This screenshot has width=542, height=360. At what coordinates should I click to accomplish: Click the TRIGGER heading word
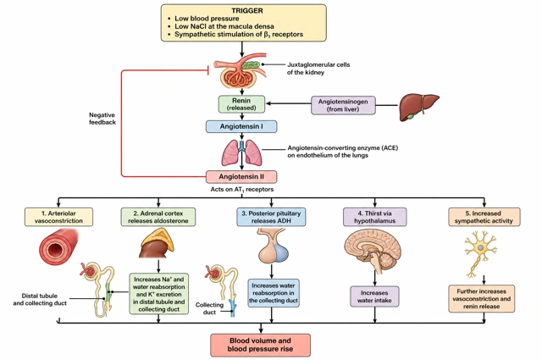(247, 11)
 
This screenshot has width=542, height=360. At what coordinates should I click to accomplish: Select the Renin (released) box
(241, 104)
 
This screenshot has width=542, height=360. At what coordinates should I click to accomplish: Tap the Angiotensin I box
(241, 126)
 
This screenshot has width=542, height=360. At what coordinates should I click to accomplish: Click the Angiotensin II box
(241, 177)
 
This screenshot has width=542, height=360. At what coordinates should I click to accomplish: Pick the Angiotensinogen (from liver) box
(343, 106)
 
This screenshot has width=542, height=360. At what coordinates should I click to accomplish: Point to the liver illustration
(419, 107)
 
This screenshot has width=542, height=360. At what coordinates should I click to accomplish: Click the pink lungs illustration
(241, 152)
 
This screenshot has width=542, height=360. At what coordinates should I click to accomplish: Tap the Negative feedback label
(102, 119)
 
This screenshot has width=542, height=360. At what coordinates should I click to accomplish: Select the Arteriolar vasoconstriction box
(58, 217)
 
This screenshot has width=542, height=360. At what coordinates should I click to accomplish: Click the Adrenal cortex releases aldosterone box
(158, 217)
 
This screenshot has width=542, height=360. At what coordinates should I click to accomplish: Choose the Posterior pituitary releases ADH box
(271, 217)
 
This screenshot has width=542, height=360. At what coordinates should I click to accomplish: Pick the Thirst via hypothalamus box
(374, 217)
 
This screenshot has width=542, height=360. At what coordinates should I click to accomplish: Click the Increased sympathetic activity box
(484, 217)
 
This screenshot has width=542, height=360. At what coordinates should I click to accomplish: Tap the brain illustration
(373, 251)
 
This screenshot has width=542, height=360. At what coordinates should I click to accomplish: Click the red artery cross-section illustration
(58, 247)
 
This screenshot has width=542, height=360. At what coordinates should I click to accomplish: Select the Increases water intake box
(374, 296)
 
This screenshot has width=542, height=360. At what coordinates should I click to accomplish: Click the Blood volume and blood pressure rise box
(260, 345)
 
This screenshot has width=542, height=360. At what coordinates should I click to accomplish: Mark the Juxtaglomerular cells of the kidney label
(318, 69)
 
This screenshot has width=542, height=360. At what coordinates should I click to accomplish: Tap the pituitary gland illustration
(273, 246)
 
